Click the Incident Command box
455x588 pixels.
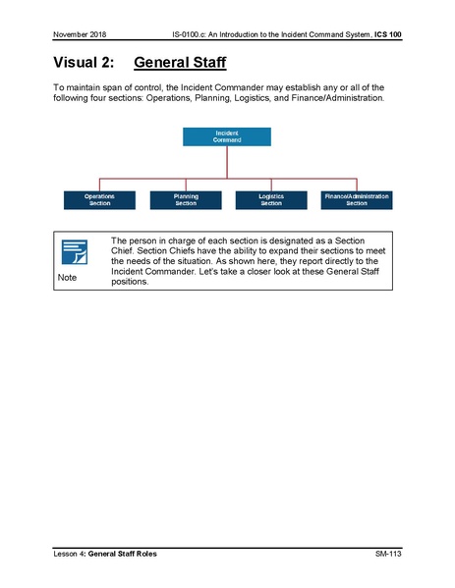tap(226, 136)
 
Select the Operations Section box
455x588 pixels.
tap(99, 199)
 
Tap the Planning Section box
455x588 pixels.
tap(186, 199)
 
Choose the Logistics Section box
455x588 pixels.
tap(270, 199)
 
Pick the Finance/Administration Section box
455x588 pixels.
tap(356, 199)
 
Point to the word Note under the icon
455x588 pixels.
tap(67, 279)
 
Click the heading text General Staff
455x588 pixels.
tap(180, 64)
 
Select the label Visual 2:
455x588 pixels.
tap(83, 64)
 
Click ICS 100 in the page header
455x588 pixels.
tap(386, 35)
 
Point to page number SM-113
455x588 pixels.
tap(388, 556)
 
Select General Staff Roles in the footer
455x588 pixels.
tap(129, 556)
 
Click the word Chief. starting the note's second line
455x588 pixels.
tap(125, 250)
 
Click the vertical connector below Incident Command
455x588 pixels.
tap(226, 161)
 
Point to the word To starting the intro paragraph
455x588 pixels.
tap(58, 87)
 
